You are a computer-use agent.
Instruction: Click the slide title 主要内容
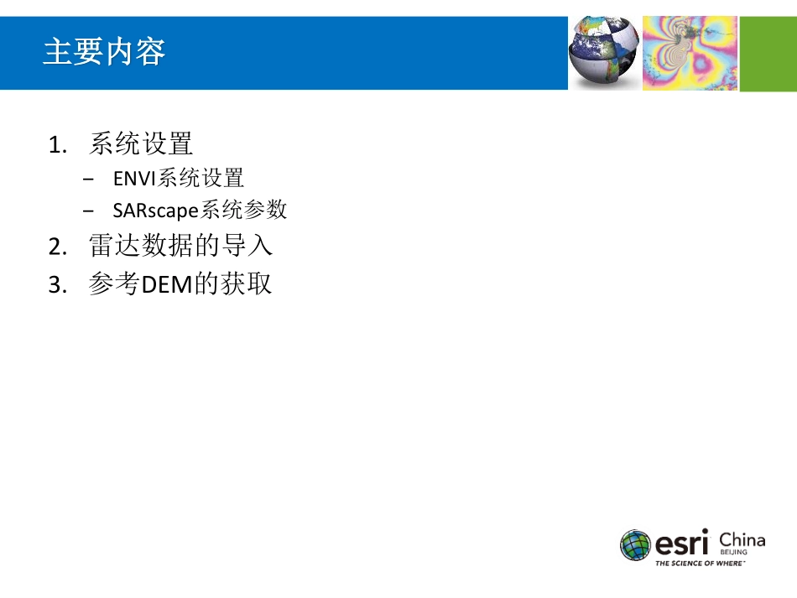(104, 52)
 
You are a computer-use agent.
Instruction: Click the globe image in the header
(603, 53)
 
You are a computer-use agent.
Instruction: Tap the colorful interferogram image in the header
(690, 53)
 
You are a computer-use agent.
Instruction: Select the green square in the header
(768, 53)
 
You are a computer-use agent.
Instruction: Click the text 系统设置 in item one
(141, 144)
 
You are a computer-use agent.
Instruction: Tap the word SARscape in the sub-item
(150, 211)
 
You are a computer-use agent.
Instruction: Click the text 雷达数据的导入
(180, 247)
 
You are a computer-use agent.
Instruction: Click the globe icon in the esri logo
(635, 544)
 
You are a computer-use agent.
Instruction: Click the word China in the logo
(742, 539)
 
